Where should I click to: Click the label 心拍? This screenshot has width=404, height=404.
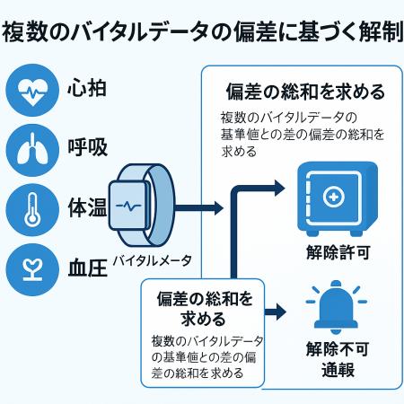click(88, 92)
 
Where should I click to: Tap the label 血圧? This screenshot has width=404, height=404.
click(88, 267)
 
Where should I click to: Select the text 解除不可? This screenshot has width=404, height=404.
click(334, 349)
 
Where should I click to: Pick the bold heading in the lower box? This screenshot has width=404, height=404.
click(203, 308)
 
